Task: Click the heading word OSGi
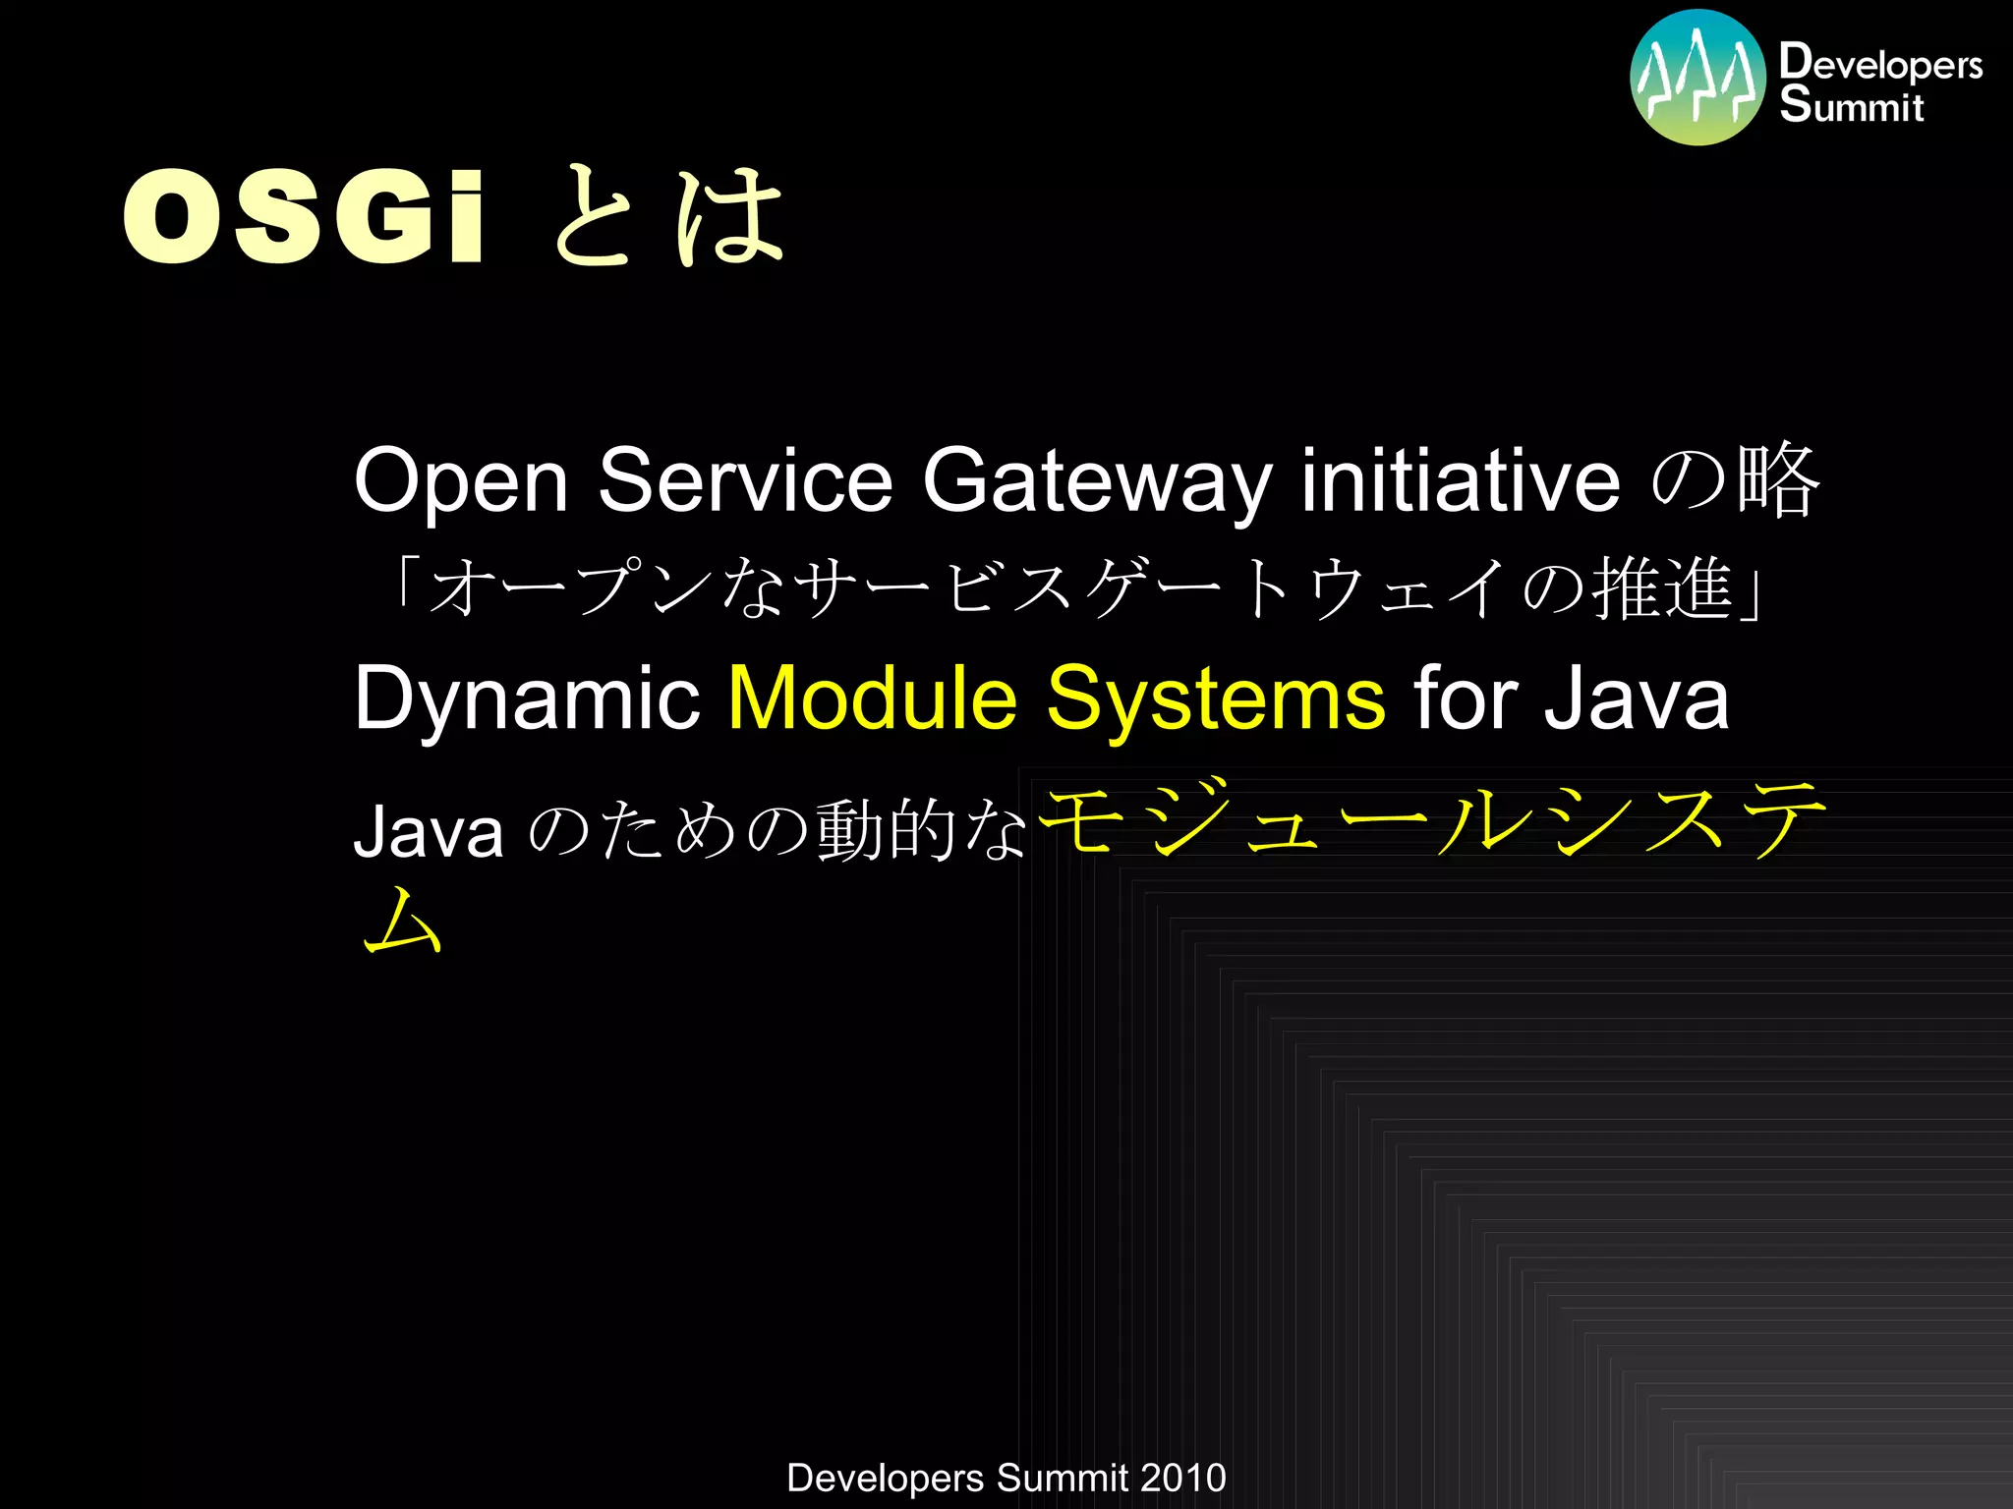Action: pyautogui.click(x=303, y=216)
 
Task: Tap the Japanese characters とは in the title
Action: pyautogui.click(x=668, y=216)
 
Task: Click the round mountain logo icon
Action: pyautogui.click(x=1697, y=78)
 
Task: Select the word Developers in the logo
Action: pyautogui.click(x=1880, y=63)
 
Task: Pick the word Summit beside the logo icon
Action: pyautogui.click(x=1852, y=105)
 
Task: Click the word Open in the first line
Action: pyautogui.click(x=461, y=481)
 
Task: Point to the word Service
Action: pyautogui.click(x=745, y=481)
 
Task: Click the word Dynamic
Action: pyautogui.click(x=527, y=699)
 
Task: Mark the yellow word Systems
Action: pyautogui.click(x=1216, y=699)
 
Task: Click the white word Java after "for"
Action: pyautogui.click(x=1636, y=699)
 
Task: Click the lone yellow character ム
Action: pyautogui.click(x=403, y=922)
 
